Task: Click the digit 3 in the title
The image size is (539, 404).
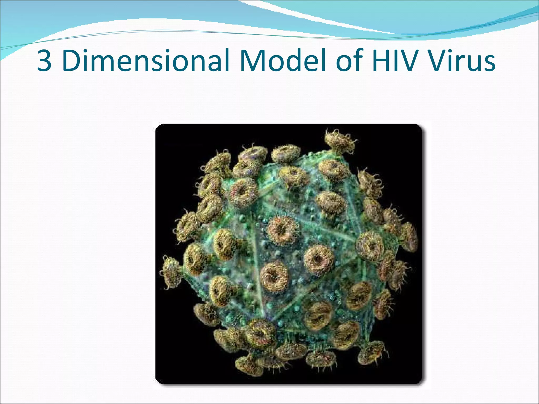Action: (x=44, y=61)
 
